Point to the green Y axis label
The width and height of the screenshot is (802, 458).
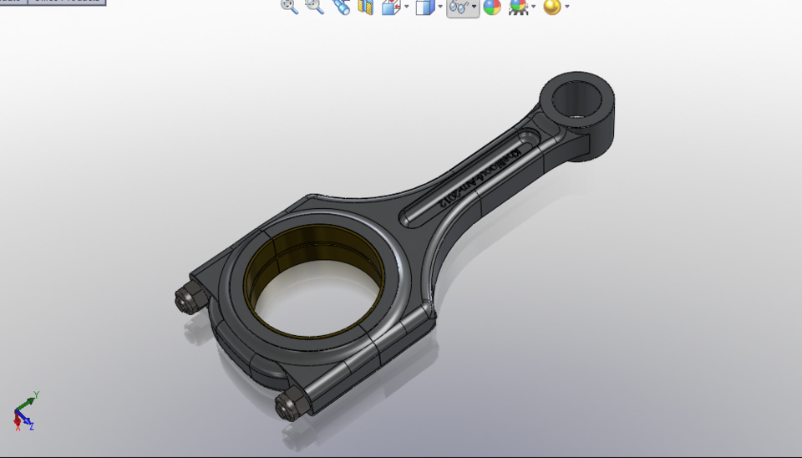pos(38,394)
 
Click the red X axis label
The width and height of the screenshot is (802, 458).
pos(18,428)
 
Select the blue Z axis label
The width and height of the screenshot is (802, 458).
pos(32,427)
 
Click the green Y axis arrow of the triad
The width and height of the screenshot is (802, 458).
pos(28,403)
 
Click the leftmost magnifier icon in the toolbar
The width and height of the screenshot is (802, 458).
pos(289,7)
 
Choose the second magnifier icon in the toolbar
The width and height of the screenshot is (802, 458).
pos(314,7)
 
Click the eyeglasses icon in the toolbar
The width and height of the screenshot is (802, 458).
pos(458,8)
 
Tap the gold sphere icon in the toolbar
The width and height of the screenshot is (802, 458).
pos(551,8)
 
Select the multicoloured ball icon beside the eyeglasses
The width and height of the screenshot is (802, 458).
pos(492,8)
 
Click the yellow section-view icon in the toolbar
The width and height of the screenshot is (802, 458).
pos(365,8)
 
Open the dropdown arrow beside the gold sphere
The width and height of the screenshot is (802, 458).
pos(567,8)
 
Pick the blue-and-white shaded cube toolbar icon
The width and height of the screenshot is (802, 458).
pos(424,8)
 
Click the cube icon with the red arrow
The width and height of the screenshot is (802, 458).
pos(390,8)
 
